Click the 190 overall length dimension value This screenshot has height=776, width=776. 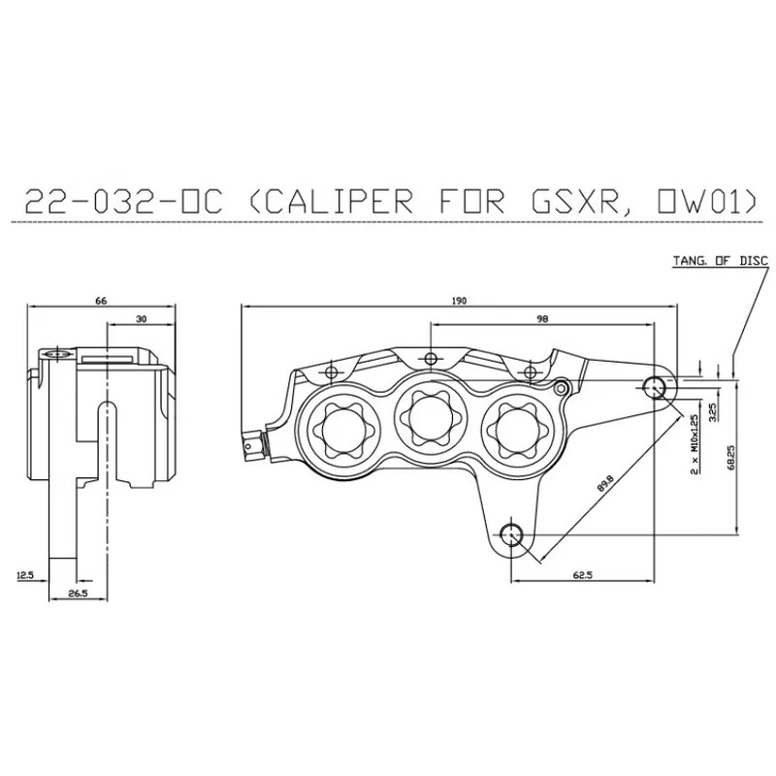[x=459, y=301]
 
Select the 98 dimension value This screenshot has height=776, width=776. [x=542, y=319]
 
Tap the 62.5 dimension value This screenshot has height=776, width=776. [x=583, y=575]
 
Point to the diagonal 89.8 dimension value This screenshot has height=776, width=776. [x=605, y=483]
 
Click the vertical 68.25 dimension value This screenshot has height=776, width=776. [x=731, y=458]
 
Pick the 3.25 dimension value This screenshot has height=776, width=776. [x=713, y=411]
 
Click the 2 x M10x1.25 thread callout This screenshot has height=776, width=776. [x=695, y=444]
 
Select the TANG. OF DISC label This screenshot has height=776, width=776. [x=721, y=260]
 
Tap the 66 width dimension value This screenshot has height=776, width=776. [x=101, y=301]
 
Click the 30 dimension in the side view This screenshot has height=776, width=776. [x=142, y=319]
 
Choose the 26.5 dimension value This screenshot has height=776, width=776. [x=79, y=594]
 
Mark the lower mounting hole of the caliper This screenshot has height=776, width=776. [x=511, y=534]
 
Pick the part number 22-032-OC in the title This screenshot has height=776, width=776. [x=124, y=201]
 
